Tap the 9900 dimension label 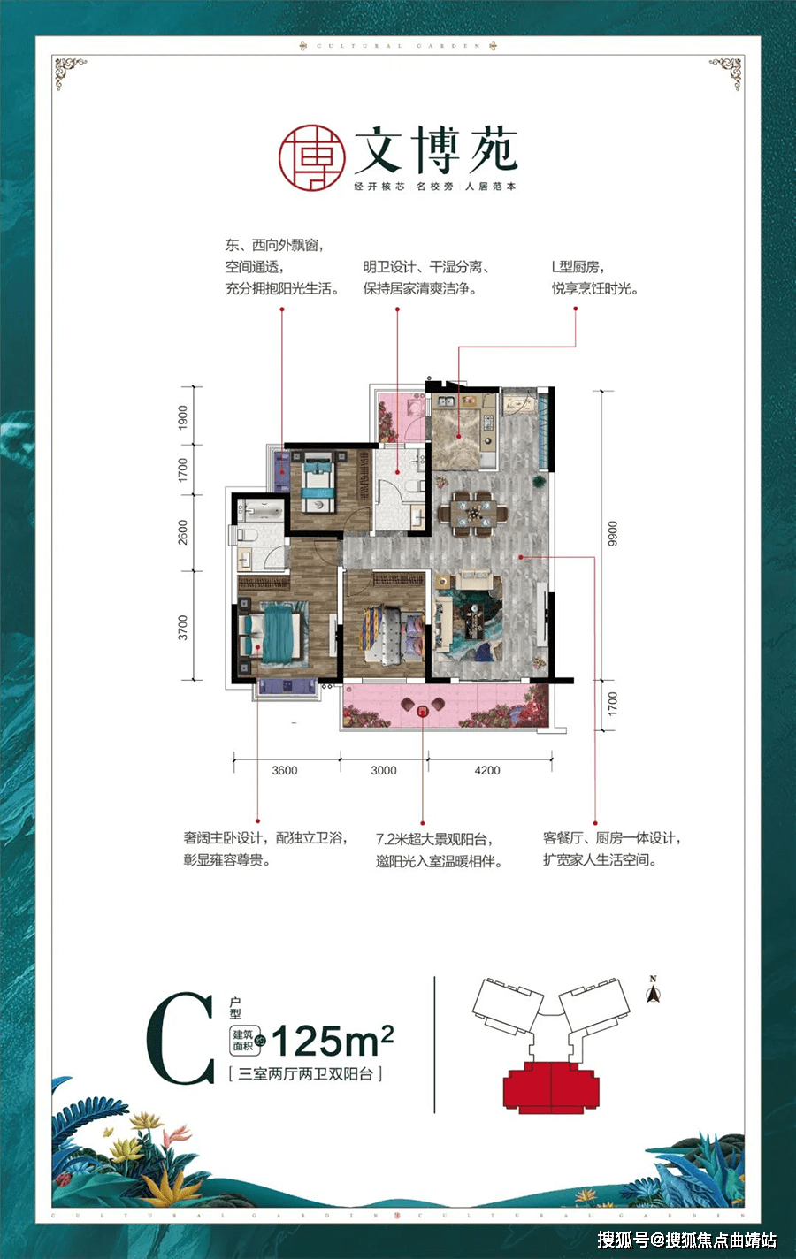pyautogui.click(x=613, y=534)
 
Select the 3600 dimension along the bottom pyautogui.click(x=285, y=771)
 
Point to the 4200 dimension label pyautogui.click(x=487, y=771)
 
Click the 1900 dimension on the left pyautogui.click(x=183, y=416)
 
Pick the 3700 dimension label pyautogui.click(x=183, y=627)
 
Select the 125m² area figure pyautogui.click(x=332, y=1042)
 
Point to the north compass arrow pyautogui.click(x=654, y=993)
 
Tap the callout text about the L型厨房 pyautogui.click(x=594, y=278)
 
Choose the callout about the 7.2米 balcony pyautogui.click(x=439, y=851)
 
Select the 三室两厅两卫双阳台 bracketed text pyautogui.click(x=305, y=1074)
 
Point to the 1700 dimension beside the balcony pyautogui.click(x=613, y=704)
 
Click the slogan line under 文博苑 pyautogui.click(x=435, y=187)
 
